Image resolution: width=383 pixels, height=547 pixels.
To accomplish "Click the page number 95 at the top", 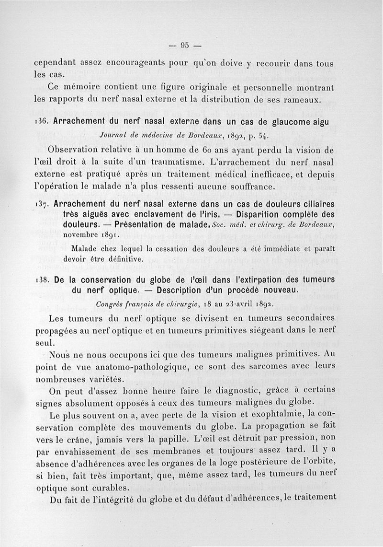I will click(x=185, y=46).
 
